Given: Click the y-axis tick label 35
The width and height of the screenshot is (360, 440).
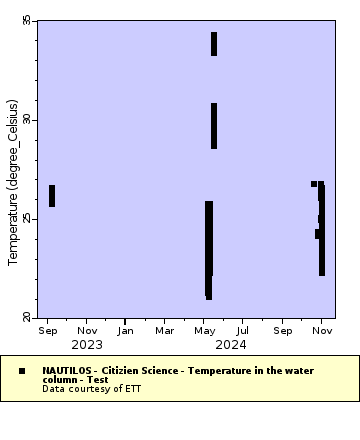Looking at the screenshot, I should click(x=27, y=21).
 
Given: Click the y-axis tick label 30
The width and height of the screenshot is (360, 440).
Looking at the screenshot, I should click(x=27, y=120).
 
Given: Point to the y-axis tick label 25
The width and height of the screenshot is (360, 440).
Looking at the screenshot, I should click(x=27, y=219).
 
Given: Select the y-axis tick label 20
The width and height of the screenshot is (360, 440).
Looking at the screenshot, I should click(x=27, y=317).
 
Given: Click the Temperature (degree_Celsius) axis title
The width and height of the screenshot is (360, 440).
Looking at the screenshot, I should click(x=13, y=181).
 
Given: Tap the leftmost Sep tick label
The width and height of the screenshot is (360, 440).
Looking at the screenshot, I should click(x=47, y=330).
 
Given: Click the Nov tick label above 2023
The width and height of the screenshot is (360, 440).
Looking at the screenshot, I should click(x=87, y=330).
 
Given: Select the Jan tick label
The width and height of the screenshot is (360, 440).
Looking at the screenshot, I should click(x=125, y=330).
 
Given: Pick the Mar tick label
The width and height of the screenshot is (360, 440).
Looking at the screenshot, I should click(x=164, y=330).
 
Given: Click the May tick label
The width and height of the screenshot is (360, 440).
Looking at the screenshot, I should click(x=204, y=330).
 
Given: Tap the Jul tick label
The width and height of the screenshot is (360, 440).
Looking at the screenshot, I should click(x=243, y=330).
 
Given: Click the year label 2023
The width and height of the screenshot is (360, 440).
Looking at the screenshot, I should click(x=86, y=345).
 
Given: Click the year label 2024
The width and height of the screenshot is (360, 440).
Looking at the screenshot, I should click(x=231, y=345).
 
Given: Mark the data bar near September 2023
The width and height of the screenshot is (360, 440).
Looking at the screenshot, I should click(x=52, y=196).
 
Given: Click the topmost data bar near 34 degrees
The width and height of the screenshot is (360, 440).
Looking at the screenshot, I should click(x=214, y=44).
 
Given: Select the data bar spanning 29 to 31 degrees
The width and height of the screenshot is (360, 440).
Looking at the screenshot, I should click(x=214, y=126).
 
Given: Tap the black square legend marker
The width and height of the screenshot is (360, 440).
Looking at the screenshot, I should click(x=22, y=371).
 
